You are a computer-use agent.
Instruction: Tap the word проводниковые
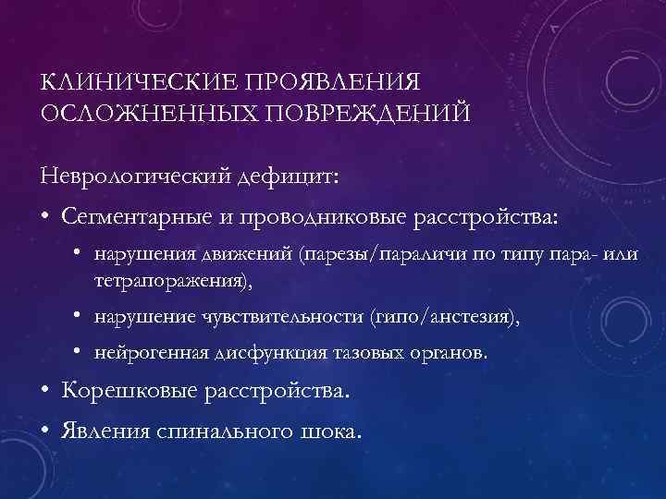(x=339, y=215)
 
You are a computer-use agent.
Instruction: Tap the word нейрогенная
(x=143, y=354)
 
